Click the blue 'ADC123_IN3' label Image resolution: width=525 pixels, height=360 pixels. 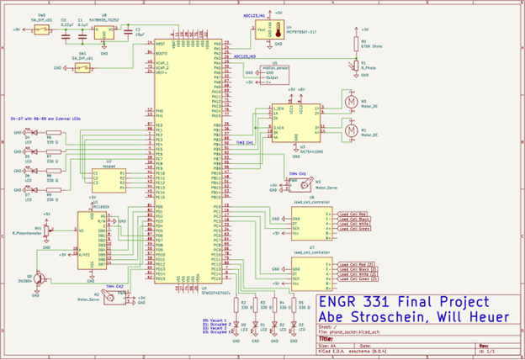click(x=252, y=56)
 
